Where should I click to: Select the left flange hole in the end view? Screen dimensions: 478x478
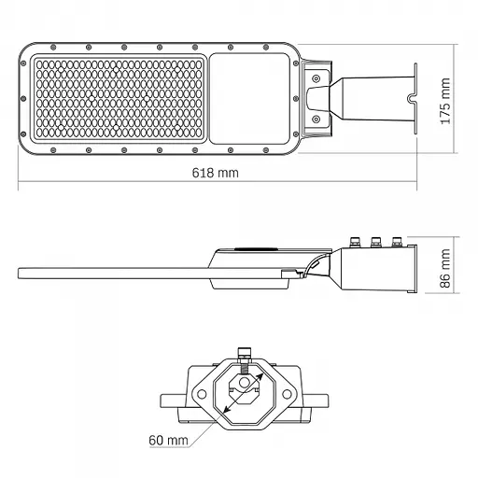(200, 394)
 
